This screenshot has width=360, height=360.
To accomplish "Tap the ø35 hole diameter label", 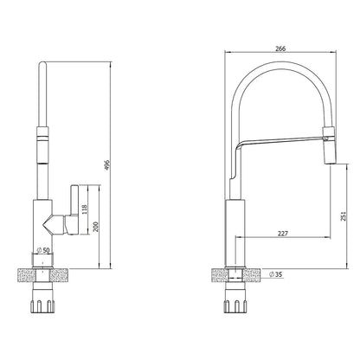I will pyautogui.click(x=278, y=273).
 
